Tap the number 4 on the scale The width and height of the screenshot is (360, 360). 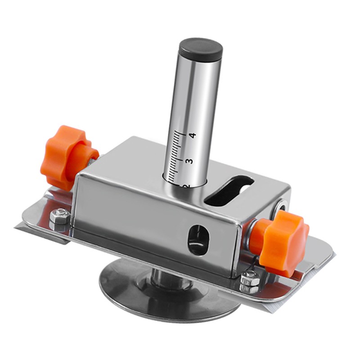[193, 135]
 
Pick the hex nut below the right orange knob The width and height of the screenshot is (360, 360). [249, 283]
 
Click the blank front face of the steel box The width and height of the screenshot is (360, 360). [135, 216]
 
